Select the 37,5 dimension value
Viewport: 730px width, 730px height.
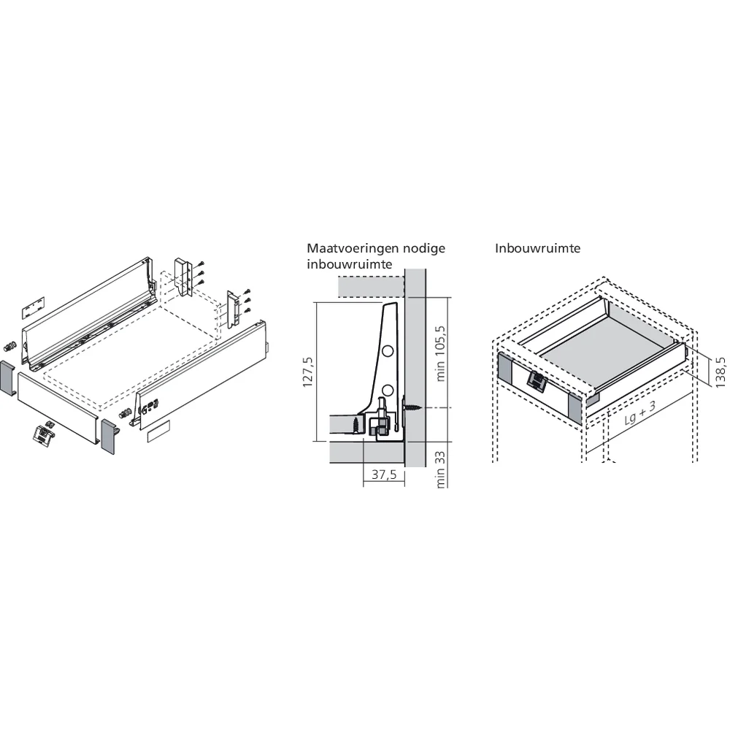384,474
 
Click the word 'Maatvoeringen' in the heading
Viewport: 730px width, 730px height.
350,248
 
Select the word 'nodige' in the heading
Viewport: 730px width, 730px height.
420,248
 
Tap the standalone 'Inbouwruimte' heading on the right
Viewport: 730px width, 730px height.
537,248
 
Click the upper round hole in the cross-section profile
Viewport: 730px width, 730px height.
388,351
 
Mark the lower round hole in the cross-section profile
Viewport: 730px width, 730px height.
388,389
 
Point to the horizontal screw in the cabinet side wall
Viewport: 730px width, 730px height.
411,406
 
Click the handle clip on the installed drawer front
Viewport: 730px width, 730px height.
537,381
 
